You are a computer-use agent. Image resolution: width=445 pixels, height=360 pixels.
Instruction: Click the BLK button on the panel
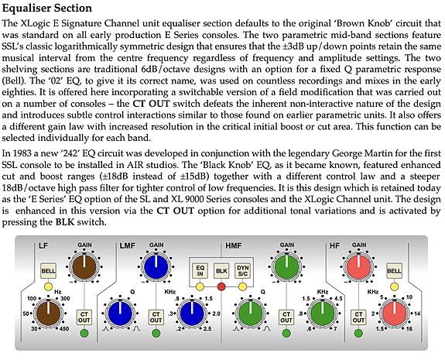tap(221, 271)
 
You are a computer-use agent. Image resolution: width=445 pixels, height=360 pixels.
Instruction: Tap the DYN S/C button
tap(243, 271)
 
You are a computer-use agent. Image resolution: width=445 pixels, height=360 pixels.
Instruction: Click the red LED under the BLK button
tap(221, 286)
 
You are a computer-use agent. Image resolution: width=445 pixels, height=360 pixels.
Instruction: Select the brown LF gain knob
tap(84, 267)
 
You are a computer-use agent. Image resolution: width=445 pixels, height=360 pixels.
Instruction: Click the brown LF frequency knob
tap(49, 314)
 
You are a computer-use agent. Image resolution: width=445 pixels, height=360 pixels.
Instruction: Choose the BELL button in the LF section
tap(49, 271)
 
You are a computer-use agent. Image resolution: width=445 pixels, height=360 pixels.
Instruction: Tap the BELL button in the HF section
tap(394, 271)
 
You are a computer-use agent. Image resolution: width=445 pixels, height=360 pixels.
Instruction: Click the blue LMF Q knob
tap(120, 314)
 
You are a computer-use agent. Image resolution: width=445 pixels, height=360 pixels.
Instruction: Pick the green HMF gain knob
tap(286, 267)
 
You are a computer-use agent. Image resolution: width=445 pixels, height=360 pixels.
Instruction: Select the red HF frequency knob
tap(395, 314)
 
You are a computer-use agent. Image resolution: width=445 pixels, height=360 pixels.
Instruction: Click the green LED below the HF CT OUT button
tap(358, 333)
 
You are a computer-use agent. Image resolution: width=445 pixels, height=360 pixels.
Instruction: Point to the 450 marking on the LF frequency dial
tap(64, 329)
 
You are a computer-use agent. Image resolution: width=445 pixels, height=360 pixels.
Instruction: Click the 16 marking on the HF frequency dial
tap(409, 329)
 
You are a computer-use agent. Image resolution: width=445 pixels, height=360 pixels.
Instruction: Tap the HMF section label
tap(233, 245)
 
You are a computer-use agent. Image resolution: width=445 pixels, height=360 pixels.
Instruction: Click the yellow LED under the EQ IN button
tap(200, 286)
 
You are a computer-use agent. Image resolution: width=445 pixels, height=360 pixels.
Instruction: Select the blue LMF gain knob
tap(156, 267)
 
